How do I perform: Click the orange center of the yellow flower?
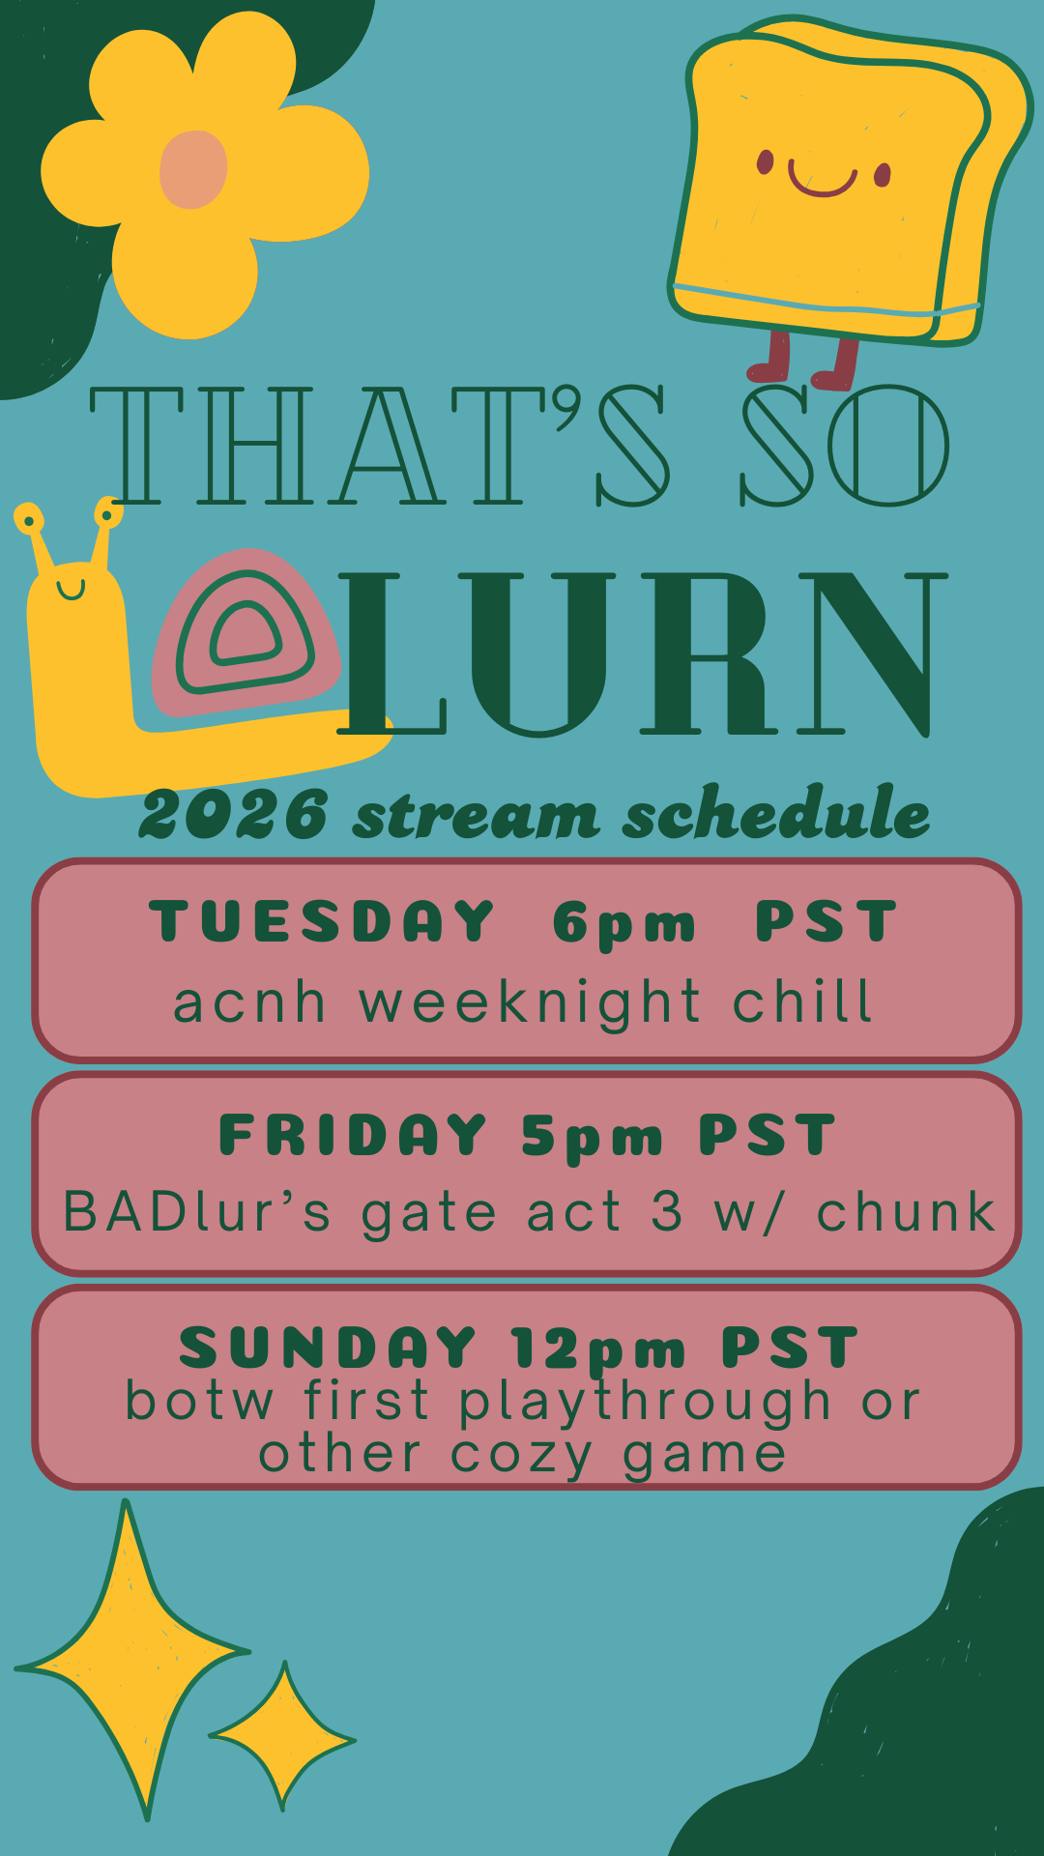tap(193, 169)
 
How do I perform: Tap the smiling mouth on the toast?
tap(823, 182)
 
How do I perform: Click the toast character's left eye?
tap(765, 162)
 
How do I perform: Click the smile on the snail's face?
tap(71, 588)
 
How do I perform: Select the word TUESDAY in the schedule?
tap(322, 921)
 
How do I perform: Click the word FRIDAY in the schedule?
tap(353, 1135)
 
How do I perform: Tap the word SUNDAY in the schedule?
tap(328, 1348)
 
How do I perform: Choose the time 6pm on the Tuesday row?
tap(624, 924)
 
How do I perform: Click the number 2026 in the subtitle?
tap(234, 814)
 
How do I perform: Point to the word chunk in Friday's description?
tap(906, 1211)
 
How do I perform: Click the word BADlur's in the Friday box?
tap(196, 1211)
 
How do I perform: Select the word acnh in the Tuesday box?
tap(248, 1001)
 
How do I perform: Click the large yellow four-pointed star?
tap(130, 1663)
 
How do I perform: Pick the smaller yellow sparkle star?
tap(283, 1737)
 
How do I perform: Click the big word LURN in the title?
tap(643, 652)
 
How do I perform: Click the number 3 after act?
tap(666, 1211)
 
